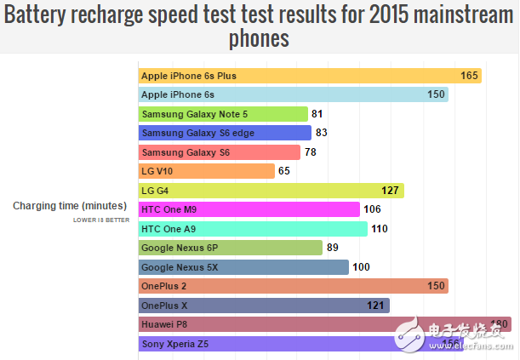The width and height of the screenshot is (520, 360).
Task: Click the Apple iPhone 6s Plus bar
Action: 310,76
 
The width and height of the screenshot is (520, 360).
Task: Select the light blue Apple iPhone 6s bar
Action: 294,94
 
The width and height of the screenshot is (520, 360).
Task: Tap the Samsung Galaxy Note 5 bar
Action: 223,113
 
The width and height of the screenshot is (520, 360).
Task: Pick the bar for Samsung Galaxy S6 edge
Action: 225,133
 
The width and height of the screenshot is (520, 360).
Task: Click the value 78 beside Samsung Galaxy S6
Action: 311,152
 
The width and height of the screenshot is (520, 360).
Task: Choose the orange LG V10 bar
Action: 207,171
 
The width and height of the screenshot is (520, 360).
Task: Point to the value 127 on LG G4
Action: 391,191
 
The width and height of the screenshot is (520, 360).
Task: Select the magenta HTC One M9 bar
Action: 249,209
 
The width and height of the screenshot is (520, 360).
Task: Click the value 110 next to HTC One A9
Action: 380,229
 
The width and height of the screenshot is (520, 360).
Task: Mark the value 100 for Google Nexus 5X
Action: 361,267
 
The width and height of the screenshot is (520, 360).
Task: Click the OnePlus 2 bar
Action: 294,286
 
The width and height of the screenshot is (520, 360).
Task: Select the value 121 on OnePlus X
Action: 376,305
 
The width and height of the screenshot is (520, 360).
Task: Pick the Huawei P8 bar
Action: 324,324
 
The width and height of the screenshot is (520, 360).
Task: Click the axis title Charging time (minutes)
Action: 70,206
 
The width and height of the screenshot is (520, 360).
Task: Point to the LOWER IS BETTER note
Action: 100,220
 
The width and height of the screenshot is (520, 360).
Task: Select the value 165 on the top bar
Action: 470,76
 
